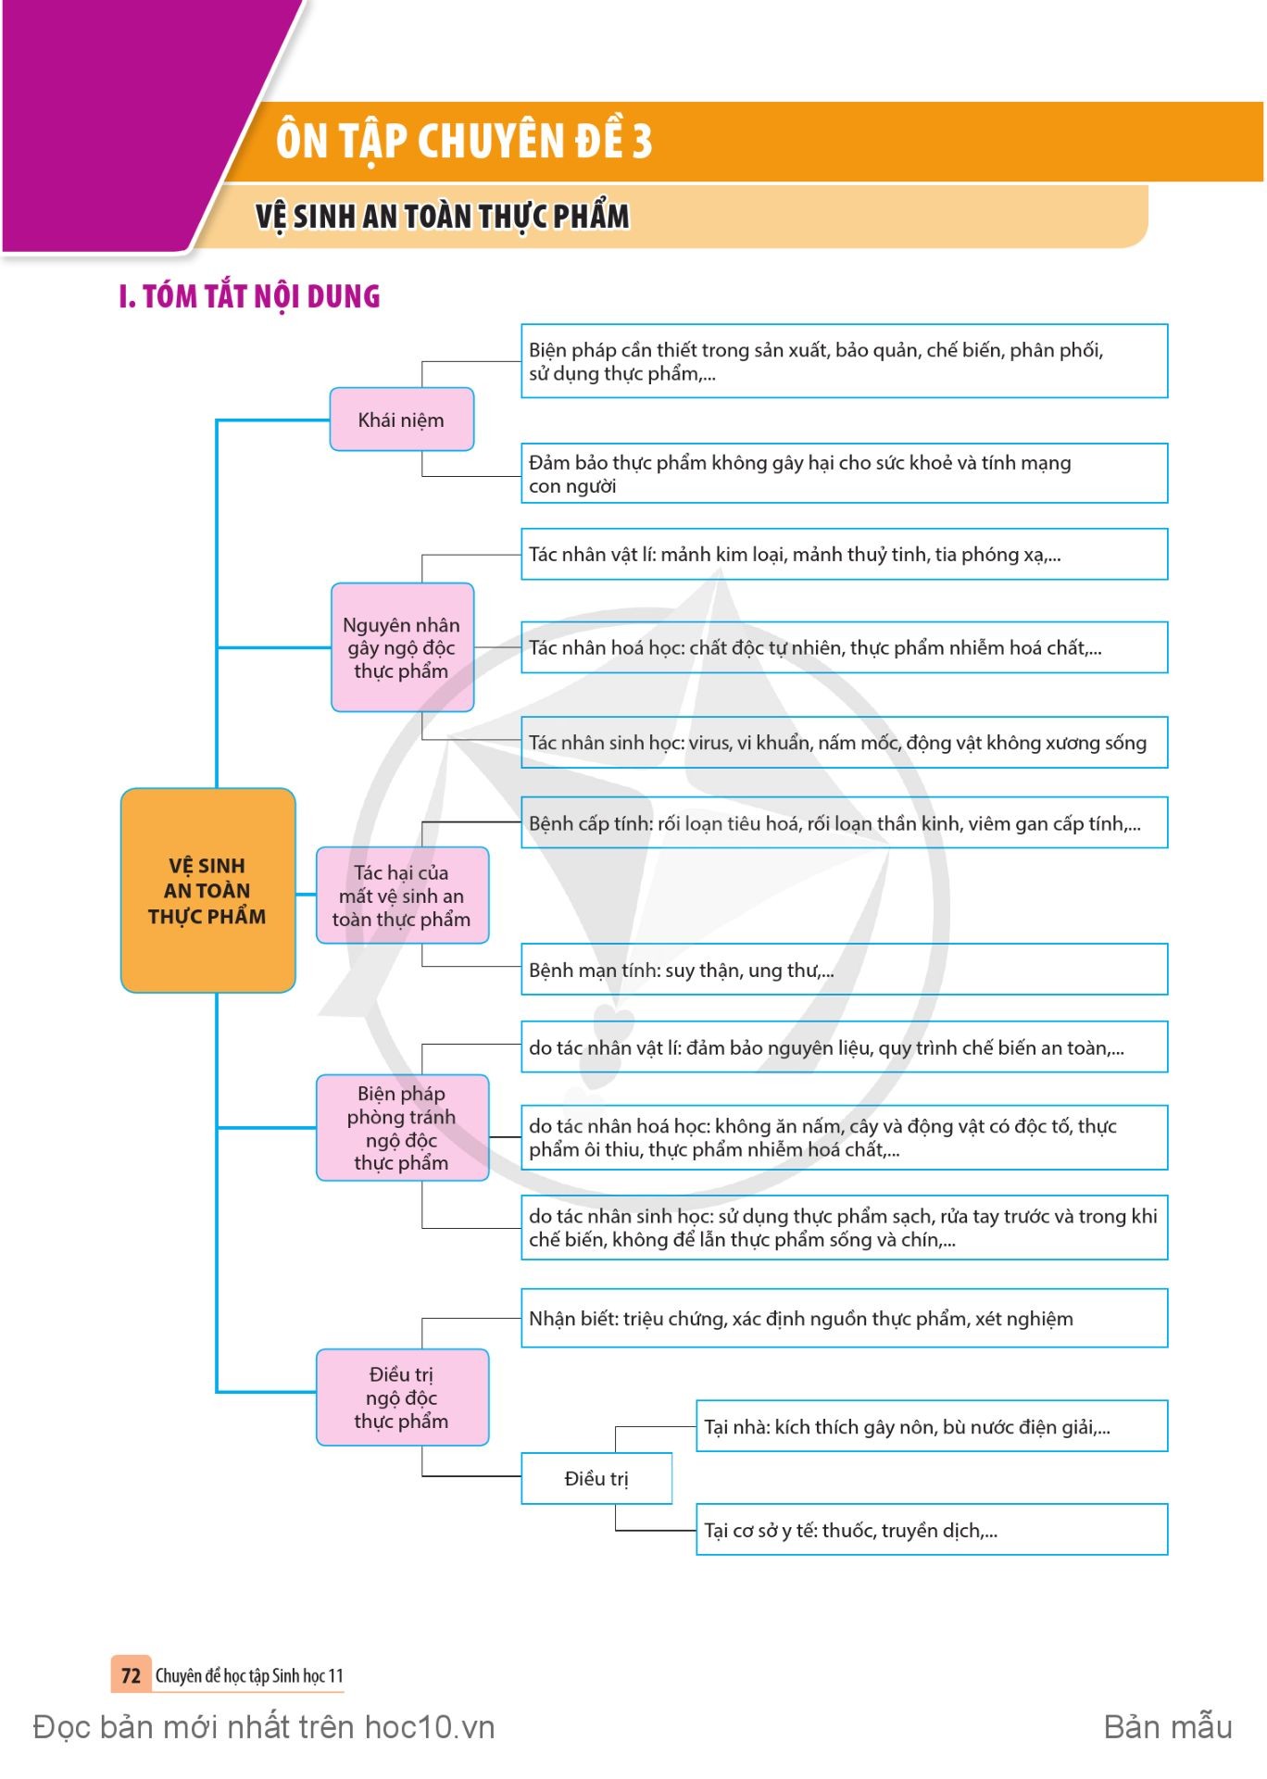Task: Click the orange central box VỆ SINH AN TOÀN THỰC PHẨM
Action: coord(207,890)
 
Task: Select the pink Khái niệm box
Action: coord(401,420)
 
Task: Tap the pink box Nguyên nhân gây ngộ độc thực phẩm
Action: coord(402,647)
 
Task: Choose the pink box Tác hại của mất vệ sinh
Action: coord(402,896)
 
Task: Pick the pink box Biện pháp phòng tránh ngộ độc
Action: coord(402,1128)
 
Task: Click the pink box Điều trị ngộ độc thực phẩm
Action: coord(402,1397)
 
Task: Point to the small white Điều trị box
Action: coord(596,1478)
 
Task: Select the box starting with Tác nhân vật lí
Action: coord(844,554)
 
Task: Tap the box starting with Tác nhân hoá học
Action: coord(844,647)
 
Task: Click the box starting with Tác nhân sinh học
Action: coord(844,742)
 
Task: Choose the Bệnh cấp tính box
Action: coord(844,822)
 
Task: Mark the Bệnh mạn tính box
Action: coord(844,970)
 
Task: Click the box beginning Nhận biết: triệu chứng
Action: coord(844,1318)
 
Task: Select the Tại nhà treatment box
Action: coord(932,1426)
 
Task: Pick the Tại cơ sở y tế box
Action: coord(932,1530)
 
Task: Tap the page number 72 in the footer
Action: coord(131,1675)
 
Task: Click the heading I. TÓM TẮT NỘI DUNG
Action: coord(250,296)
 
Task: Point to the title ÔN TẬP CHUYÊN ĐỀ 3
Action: coord(464,141)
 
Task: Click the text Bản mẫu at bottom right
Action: coord(1168,1727)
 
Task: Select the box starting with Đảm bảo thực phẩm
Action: coord(844,473)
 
